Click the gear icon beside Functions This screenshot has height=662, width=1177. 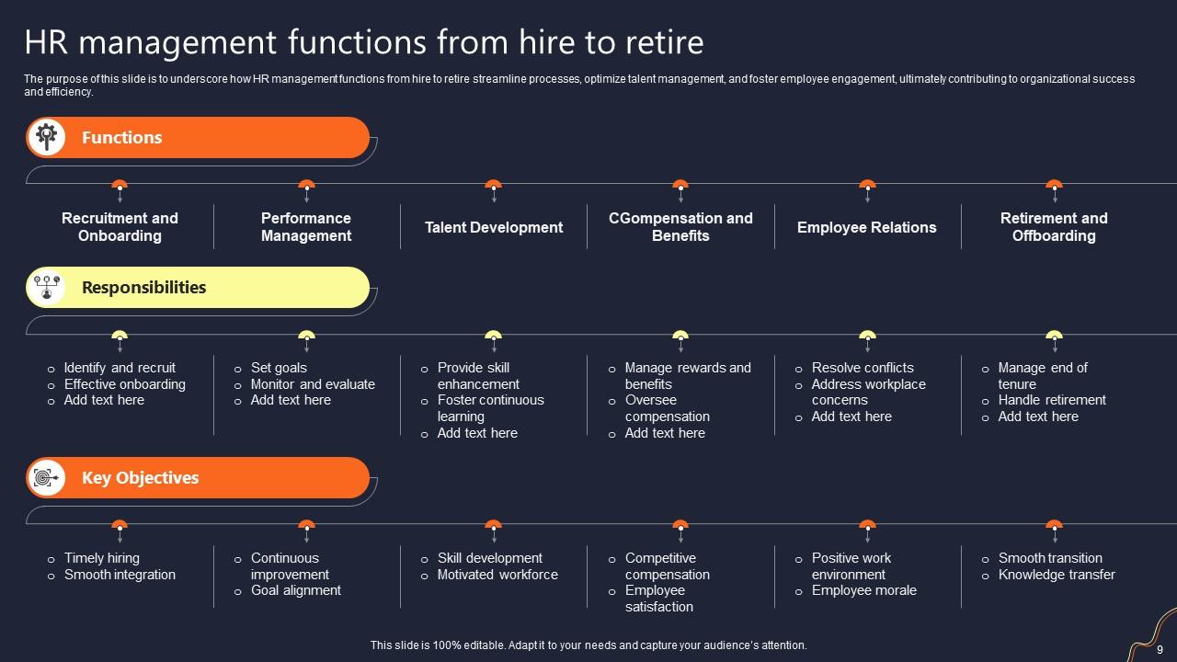click(46, 138)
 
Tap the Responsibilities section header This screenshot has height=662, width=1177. click(143, 288)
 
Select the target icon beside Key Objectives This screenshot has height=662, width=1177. click(46, 478)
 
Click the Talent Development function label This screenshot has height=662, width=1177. click(494, 227)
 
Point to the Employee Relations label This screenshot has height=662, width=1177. click(866, 227)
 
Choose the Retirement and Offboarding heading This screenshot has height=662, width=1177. click(1054, 227)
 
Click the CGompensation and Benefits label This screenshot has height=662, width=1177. click(680, 227)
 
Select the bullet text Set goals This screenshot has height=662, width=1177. click(279, 368)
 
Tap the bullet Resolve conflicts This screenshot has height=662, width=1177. click(863, 368)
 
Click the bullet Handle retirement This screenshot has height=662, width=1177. click(1052, 400)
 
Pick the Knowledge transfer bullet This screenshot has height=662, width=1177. click(1057, 575)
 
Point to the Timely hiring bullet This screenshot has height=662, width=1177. click(101, 558)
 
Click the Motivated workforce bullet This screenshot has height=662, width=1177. click(497, 575)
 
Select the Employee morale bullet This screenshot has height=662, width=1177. click(863, 590)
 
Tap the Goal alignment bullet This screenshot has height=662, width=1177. click(295, 590)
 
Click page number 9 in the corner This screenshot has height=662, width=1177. click(1160, 649)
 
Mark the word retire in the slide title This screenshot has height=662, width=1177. click(661, 42)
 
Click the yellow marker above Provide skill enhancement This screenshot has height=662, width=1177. click(494, 336)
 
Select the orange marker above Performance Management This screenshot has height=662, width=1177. click(306, 185)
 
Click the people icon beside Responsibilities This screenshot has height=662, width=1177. click(46, 288)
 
